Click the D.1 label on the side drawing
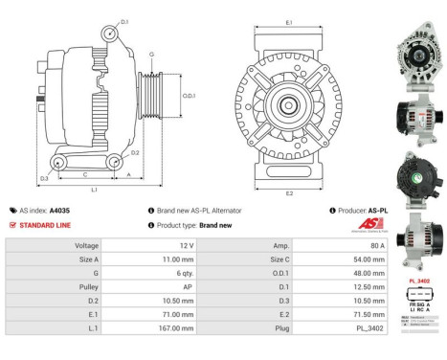124,20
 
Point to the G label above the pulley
150,55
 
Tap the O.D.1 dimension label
190,95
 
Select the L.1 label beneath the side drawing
94,191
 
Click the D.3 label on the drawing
44,178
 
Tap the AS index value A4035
57,210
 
